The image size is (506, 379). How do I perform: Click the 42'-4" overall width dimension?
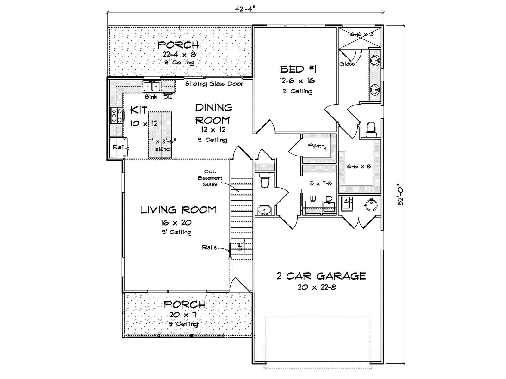[245, 9]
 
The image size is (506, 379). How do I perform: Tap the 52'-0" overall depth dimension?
[401, 195]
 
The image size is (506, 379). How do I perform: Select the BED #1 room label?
[298, 69]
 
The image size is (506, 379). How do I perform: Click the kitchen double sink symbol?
[152, 86]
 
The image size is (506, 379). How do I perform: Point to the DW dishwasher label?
[168, 97]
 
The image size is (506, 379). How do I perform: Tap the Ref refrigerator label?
[118, 147]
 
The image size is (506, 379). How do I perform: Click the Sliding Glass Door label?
[214, 84]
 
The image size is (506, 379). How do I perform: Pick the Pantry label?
[317, 146]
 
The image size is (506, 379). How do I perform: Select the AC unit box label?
[348, 202]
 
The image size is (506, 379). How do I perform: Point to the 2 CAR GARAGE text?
[321, 276]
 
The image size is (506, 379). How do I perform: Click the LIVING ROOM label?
[178, 210]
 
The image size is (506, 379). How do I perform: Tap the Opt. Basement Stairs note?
[210, 178]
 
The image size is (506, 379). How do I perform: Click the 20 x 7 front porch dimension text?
[182, 315]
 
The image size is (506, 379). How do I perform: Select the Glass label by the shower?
[347, 64]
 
